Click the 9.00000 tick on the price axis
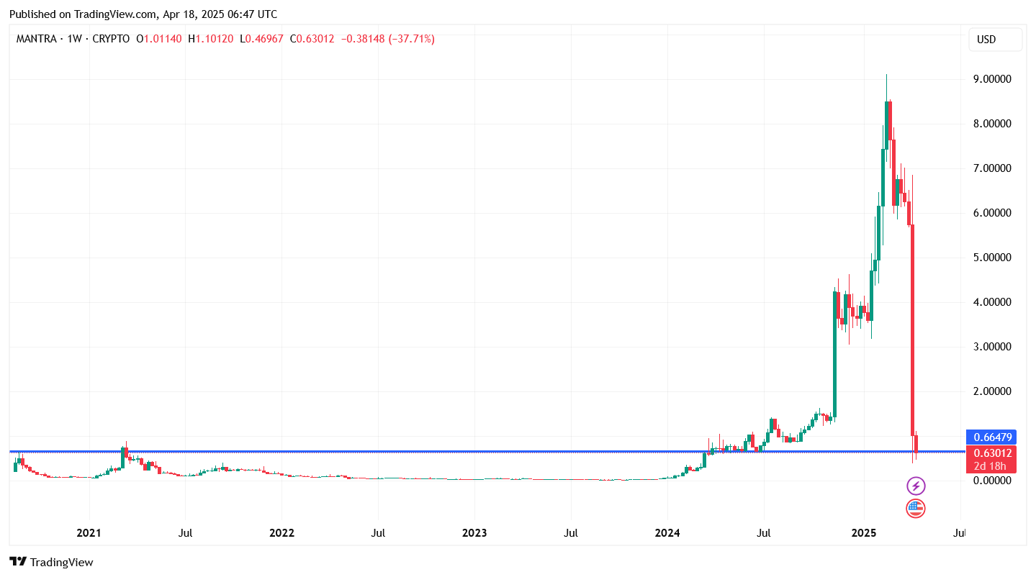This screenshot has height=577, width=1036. click(993, 79)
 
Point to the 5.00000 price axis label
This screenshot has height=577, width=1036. click(993, 258)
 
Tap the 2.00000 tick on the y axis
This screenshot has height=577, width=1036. click(993, 391)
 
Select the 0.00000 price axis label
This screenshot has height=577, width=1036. click(993, 481)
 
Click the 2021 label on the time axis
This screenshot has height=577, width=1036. click(89, 534)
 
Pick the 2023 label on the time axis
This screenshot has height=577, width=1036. click(474, 534)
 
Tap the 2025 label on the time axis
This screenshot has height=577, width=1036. click(863, 534)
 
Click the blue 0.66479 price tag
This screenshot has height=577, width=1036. click(993, 437)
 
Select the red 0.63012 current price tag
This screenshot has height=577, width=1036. click(993, 453)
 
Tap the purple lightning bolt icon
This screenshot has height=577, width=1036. click(915, 486)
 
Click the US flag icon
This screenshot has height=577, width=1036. click(915, 509)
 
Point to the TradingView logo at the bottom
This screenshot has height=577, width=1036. click(51, 562)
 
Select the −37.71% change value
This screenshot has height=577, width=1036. click(412, 39)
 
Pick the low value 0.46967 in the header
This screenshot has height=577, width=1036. click(265, 39)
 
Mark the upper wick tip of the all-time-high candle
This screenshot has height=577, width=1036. click(886, 74)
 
